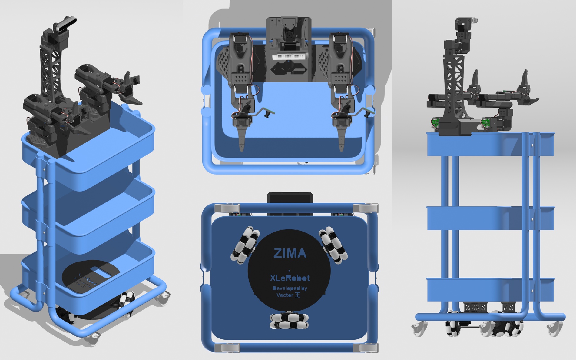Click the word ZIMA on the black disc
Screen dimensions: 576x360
[290, 253]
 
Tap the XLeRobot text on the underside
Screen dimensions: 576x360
[290, 278]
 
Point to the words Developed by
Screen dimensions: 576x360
[290, 288]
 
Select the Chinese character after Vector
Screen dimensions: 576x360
[297, 295]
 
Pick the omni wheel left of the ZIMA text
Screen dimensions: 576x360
[245, 244]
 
